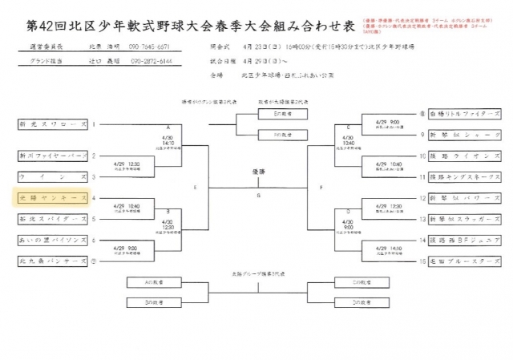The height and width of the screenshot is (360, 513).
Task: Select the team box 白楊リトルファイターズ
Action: click(459, 115)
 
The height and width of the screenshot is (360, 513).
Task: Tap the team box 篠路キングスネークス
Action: click(459, 176)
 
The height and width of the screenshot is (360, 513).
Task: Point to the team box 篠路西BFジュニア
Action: click(459, 240)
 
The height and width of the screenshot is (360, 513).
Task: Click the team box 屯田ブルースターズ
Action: click(459, 261)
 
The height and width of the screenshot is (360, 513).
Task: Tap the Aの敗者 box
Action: click(156, 281)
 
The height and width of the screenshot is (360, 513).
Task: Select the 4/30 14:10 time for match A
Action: click(168, 140)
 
